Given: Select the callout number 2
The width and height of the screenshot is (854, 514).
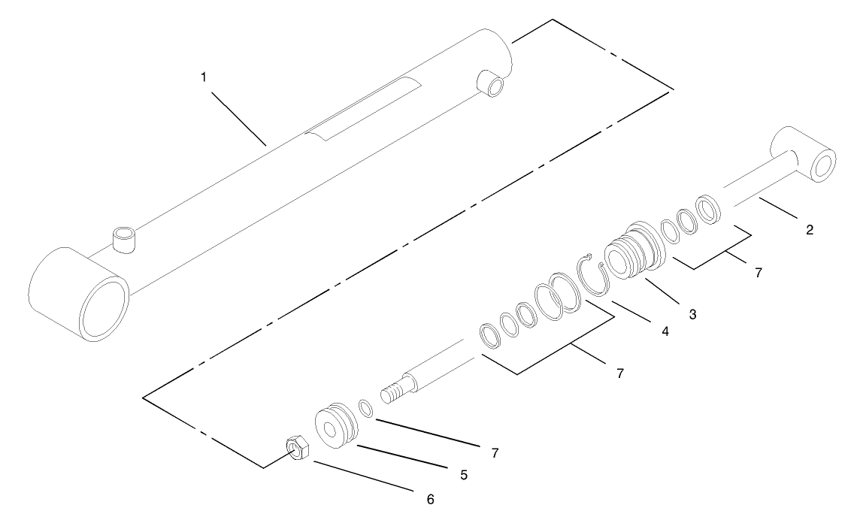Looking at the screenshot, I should click(x=809, y=231).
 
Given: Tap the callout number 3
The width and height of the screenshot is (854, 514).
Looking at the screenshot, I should click(x=692, y=314).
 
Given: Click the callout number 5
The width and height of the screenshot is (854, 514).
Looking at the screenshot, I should click(x=464, y=475).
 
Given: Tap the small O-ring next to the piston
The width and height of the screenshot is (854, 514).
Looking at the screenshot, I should click(x=366, y=408).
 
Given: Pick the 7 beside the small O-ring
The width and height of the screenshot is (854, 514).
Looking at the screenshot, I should click(x=494, y=453).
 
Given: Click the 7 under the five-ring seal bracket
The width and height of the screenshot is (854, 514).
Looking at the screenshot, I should click(x=620, y=373).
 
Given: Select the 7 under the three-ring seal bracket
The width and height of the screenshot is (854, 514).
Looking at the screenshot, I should click(x=758, y=273).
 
